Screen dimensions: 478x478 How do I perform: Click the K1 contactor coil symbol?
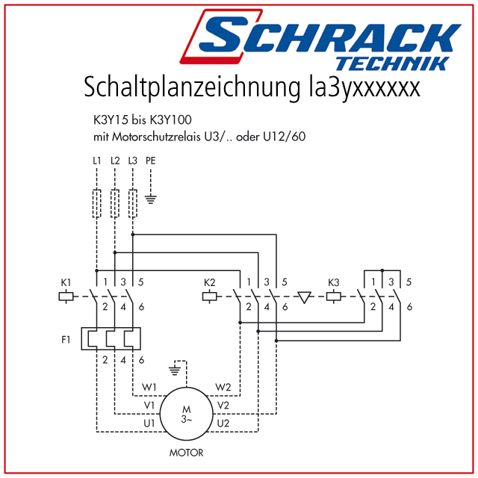click(x=66, y=297)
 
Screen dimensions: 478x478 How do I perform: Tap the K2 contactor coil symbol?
click(x=210, y=297)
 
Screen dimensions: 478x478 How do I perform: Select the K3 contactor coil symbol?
click(x=334, y=297)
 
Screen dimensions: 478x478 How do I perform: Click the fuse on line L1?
click(x=96, y=203)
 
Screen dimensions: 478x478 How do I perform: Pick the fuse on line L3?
click(x=133, y=203)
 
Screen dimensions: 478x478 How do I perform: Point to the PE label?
click(x=151, y=161)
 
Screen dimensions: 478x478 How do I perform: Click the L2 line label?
click(x=115, y=161)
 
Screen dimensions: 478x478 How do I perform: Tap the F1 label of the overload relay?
click(x=66, y=340)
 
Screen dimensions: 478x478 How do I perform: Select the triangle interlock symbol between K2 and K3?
click(x=304, y=297)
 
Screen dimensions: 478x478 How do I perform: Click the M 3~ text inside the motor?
click(x=186, y=415)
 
